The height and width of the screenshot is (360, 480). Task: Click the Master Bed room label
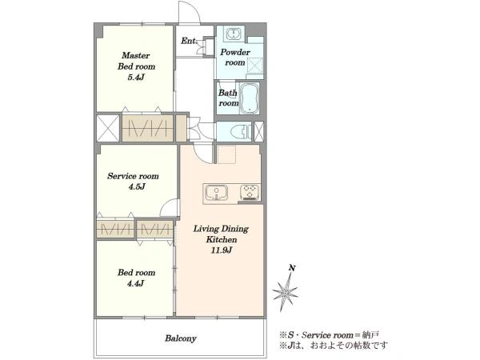pyautogui.click(x=136, y=61)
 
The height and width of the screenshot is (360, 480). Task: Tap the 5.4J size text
pyautogui.click(x=136, y=77)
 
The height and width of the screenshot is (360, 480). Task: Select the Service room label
pyautogui.click(x=133, y=176)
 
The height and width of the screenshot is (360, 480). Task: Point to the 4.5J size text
pyautogui.click(x=137, y=186)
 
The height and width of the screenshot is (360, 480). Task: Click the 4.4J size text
pyautogui.click(x=136, y=283)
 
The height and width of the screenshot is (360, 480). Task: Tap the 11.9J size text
pyautogui.click(x=221, y=250)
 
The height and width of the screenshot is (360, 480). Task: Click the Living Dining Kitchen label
pyautogui.click(x=221, y=234)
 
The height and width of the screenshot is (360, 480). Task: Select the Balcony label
pyautogui.click(x=181, y=338)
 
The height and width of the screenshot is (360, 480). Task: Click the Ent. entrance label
pyautogui.click(x=189, y=41)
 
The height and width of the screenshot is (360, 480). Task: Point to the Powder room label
pyautogui.click(x=235, y=58)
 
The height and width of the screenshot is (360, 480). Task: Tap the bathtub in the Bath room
pyautogui.click(x=249, y=98)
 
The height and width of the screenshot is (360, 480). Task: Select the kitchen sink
pyautogui.click(x=217, y=193)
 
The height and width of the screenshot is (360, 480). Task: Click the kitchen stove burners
pyautogui.click(x=250, y=193)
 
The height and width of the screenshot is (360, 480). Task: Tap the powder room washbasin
pyautogui.click(x=234, y=34)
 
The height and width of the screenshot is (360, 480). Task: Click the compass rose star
pyautogui.click(x=285, y=292)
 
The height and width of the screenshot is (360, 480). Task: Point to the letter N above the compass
pyautogui.click(x=292, y=268)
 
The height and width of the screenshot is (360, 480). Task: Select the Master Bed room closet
pyautogui.click(x=147, y=128)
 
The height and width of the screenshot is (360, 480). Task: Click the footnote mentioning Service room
pyautogui.click(x=329, y=335)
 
